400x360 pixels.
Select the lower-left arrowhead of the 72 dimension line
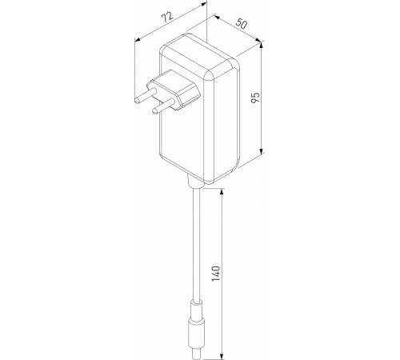click(x=137, y=37)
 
